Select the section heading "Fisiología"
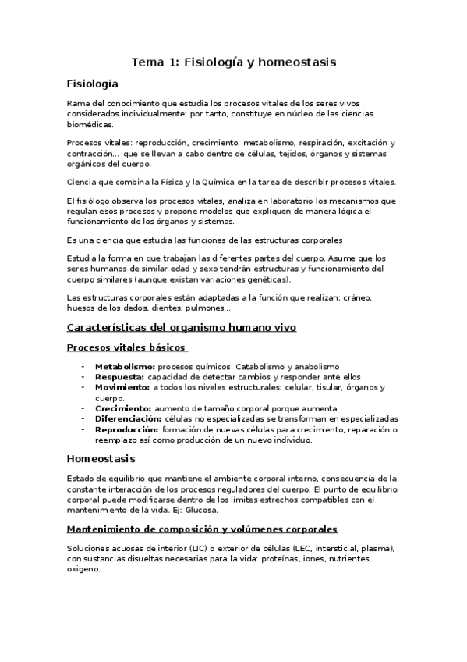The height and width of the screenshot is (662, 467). (93, 83)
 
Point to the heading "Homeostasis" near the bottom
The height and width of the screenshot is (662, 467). (101, 458)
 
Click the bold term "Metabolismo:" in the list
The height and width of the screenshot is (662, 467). (124, 366)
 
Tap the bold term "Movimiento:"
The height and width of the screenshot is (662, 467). (122, 387)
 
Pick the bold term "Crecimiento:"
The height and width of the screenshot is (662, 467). (123, 408)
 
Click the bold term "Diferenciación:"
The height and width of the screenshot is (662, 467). (128, 419)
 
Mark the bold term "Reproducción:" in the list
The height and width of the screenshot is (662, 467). (126, 429)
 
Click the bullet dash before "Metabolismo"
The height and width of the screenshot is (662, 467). (83, 366)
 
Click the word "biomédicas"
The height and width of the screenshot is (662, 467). (90, 124)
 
